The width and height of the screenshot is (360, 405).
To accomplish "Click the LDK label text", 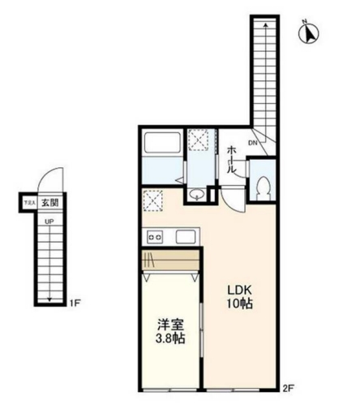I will pyautogui.click(x=239, y=291).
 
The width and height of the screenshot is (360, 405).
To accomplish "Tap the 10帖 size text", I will pyautogui.click(x=239, y=304).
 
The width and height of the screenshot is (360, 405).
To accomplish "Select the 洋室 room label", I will pyautogui.click(x=170, y=323).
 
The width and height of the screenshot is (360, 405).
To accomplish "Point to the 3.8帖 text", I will pyautogui.click(x=170, y=337).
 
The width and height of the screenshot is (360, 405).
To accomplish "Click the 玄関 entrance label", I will pyautogui.click(x=50, y=203).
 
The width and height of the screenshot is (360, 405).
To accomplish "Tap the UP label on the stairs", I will pyautogui.click(x=49, y=220).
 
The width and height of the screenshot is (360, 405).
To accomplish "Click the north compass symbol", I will pyautogui.click(x=310, y=33).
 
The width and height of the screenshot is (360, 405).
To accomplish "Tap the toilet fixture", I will pyautogui.click(x=262, y=188).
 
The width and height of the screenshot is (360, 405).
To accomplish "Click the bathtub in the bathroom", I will pyautogui.click(x=163, y=145).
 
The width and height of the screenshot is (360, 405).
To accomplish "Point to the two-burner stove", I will pyautogui.click(x=154, y=237).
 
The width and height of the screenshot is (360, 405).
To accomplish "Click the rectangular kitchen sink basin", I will pyautogui.click(x=185, y=237).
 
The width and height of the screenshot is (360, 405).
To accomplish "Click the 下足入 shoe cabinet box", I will pyautogui.click(x=28, y=203).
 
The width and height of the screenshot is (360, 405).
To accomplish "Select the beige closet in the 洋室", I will pyautogui.click(x=170, y=261).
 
